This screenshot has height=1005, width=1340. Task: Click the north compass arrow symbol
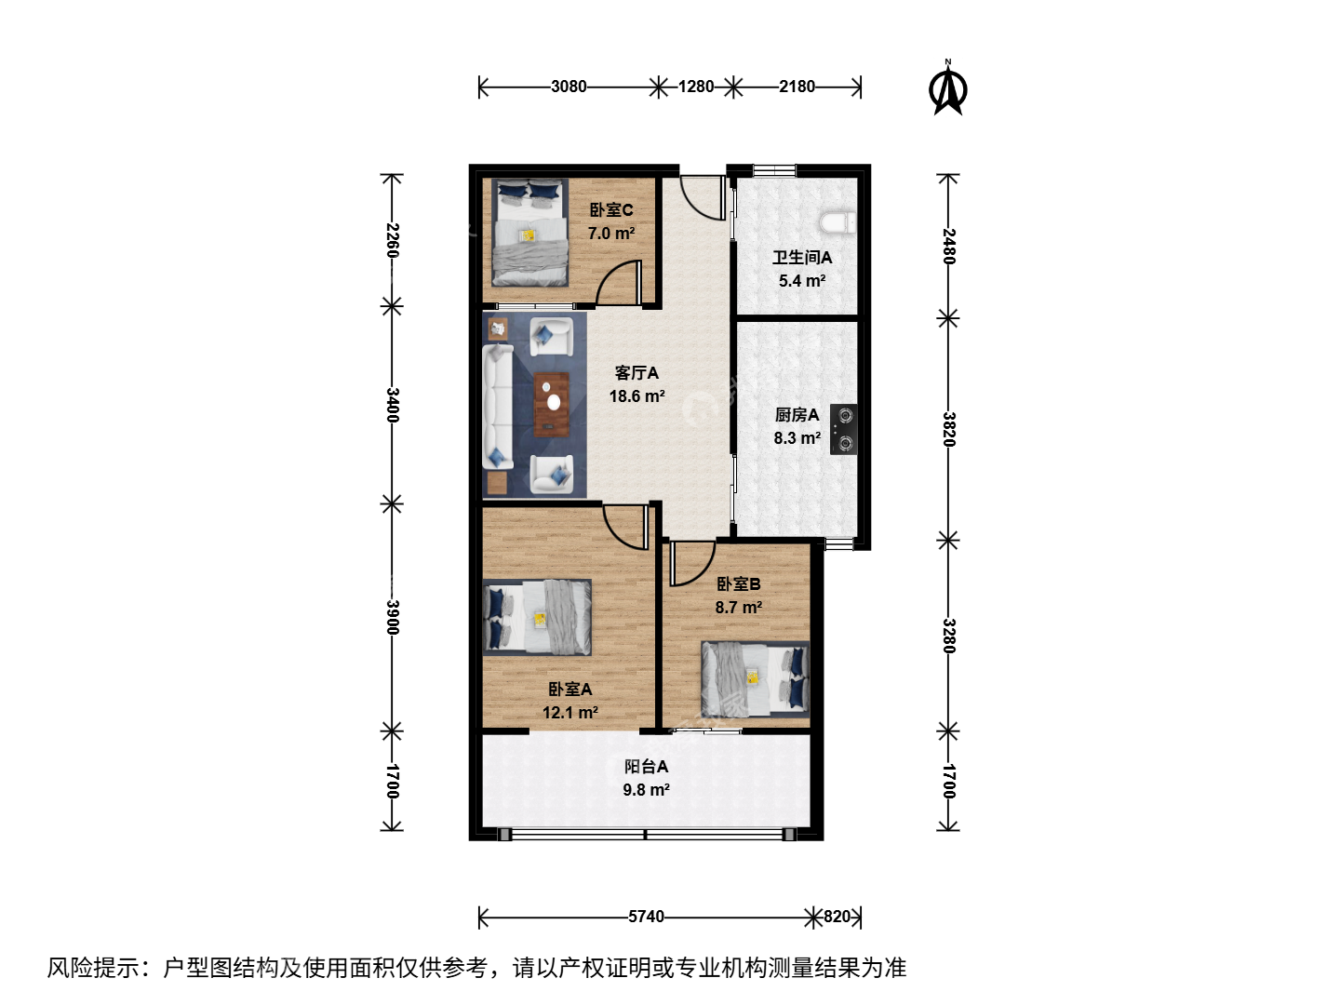tap(947, 87)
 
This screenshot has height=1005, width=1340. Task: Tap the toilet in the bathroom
tap(837, 222)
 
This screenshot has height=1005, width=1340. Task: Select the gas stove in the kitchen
tap(843, 430)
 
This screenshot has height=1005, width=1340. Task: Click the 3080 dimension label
tap(569, 87)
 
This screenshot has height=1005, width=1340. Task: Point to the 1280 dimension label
tap(696, 87)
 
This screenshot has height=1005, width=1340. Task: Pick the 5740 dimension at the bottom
tap(646, 917)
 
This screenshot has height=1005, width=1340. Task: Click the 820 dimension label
tap(837, 917)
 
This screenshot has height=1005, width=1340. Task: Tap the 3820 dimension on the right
tap(948, 430)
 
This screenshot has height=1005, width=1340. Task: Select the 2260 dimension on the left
tap(393, 240)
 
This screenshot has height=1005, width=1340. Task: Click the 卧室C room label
tap(611, 210)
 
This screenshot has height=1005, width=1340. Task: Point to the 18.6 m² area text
tap(636, 396)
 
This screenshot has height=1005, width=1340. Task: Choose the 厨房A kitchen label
tap(797, 415)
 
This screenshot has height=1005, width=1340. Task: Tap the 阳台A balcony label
tap(646, 767)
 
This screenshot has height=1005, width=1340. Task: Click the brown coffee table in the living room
tap(552, 405)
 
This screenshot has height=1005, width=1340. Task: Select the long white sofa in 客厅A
tap(498, 407)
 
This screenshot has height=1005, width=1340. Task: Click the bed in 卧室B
tap(756, 678)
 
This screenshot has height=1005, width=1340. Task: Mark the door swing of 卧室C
tap(619, 282)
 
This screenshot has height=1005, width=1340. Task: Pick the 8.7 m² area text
tap(739, 607)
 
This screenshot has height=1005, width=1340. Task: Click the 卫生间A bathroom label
tap(802, 258)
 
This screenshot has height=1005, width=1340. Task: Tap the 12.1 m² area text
tap(570, 712)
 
